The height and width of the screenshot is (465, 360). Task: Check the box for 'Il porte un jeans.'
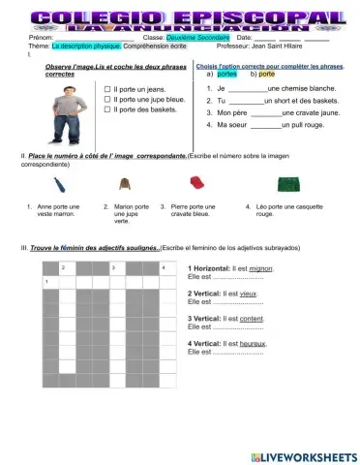106,88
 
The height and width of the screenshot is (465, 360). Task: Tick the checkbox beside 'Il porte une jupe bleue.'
106,99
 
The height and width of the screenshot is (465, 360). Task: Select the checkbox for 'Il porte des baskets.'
106,109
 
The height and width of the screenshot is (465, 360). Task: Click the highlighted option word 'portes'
226,74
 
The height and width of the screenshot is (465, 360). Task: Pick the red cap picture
196,182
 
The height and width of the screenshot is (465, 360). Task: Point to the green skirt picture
286,183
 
